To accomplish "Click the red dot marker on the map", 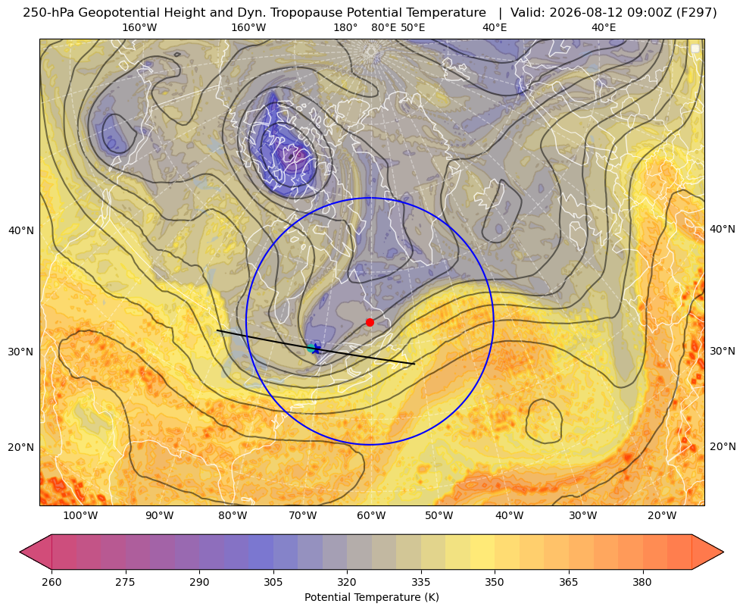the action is click(370, 322).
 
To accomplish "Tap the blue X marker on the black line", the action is click(316, 349).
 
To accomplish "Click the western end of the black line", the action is click(217, 330).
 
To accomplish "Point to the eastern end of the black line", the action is click(414, 364).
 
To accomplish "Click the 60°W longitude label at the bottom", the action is click(371, 515).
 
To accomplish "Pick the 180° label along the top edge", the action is click(345, 27).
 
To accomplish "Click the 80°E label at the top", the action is click(384, 27).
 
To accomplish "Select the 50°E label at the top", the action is click(413, 27).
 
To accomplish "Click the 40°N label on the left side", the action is click(21, 231).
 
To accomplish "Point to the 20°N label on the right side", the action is click(723, 446).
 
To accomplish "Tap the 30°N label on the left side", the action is click(21, 352).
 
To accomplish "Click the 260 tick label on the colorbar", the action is click(52, 582).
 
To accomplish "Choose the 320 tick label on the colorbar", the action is click(347, 582).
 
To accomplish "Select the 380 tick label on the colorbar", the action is click(642, 582).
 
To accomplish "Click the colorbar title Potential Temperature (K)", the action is click(371, 597).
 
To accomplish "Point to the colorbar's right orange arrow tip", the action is click(723, 552).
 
